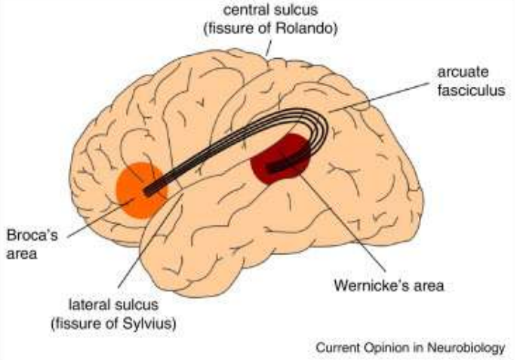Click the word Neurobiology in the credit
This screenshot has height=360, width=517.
[465, 348]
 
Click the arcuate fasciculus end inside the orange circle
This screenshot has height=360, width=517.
[151, 189]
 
